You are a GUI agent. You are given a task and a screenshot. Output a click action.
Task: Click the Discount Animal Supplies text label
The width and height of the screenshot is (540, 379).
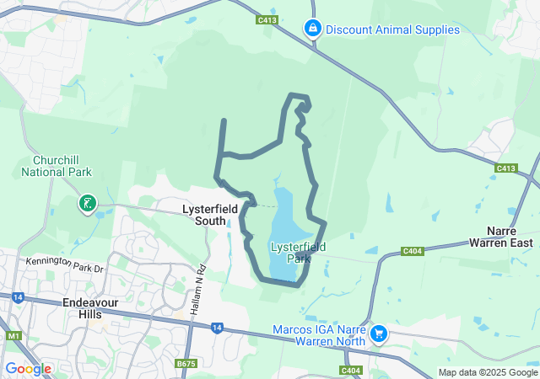click(392, 29)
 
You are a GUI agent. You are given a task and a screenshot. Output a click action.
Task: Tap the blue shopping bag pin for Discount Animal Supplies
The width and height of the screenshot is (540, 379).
click(313, 29)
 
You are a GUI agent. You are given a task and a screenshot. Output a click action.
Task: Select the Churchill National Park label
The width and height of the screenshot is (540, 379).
click(57, 166)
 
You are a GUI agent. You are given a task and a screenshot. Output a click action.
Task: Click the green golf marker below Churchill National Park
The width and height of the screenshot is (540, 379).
click(87, 203)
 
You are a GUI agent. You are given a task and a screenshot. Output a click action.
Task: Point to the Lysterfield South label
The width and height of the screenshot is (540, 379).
click(204, 214)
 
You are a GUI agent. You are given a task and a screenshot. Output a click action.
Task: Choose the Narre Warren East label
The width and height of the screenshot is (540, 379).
click(508, 236)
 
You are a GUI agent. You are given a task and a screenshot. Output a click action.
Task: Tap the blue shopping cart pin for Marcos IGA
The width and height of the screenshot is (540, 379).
click(379, 334)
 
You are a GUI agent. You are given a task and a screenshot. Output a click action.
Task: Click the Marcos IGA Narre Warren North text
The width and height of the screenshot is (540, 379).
click(318, 335)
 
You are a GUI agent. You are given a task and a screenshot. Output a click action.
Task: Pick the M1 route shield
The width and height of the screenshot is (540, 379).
click(14, 336)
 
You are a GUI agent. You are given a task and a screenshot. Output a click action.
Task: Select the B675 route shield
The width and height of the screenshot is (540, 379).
click(186, 363)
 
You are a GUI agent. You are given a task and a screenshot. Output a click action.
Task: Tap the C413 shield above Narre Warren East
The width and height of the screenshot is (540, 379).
click(505, 168)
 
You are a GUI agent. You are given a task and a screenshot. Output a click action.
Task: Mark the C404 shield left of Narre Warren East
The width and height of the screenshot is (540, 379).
click(413, 250)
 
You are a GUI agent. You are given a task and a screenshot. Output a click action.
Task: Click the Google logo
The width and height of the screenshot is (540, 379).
click(28, 369)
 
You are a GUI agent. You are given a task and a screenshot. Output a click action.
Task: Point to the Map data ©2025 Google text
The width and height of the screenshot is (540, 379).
click(488, 372)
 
